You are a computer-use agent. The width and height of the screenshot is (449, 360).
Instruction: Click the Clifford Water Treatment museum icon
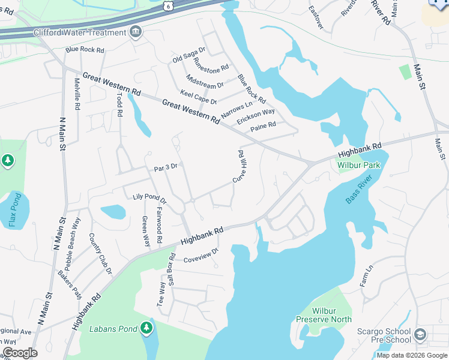click(x=136, y=32)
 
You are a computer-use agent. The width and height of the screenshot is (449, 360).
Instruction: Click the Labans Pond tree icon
click(x=146, y=328)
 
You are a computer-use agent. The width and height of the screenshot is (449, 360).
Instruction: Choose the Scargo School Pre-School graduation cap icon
click(x=420, y=334)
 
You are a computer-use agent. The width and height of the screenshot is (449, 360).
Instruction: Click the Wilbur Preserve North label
click(x=332, y=315)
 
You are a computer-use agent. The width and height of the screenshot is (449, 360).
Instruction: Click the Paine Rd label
click(x=263, y=126)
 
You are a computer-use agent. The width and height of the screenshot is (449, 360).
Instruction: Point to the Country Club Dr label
click(x=100, y=254)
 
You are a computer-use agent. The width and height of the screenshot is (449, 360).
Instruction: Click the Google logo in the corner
click(x=20, y=353)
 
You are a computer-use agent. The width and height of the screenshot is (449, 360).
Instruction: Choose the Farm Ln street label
click(x=367, y=276)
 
